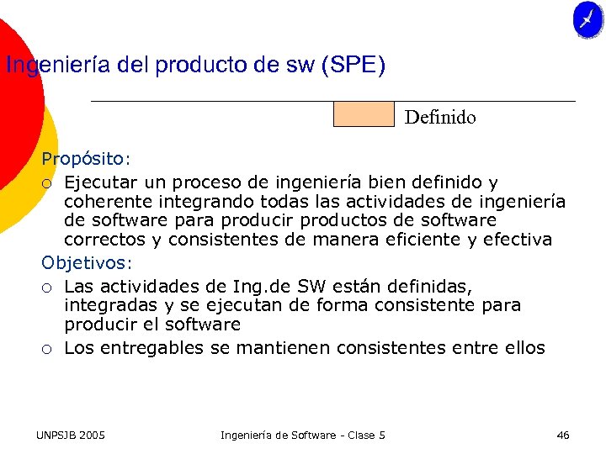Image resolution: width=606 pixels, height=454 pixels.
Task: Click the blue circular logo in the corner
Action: (587, 20)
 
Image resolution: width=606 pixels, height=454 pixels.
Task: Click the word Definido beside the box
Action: (440, 118)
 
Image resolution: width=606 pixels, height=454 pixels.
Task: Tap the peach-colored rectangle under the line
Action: (364, 114)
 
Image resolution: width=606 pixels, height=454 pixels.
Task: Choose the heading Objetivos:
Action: (87, 262)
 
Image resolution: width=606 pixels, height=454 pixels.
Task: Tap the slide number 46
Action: (563, 435)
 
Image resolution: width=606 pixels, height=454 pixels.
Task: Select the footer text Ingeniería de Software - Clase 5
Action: (302, 435)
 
